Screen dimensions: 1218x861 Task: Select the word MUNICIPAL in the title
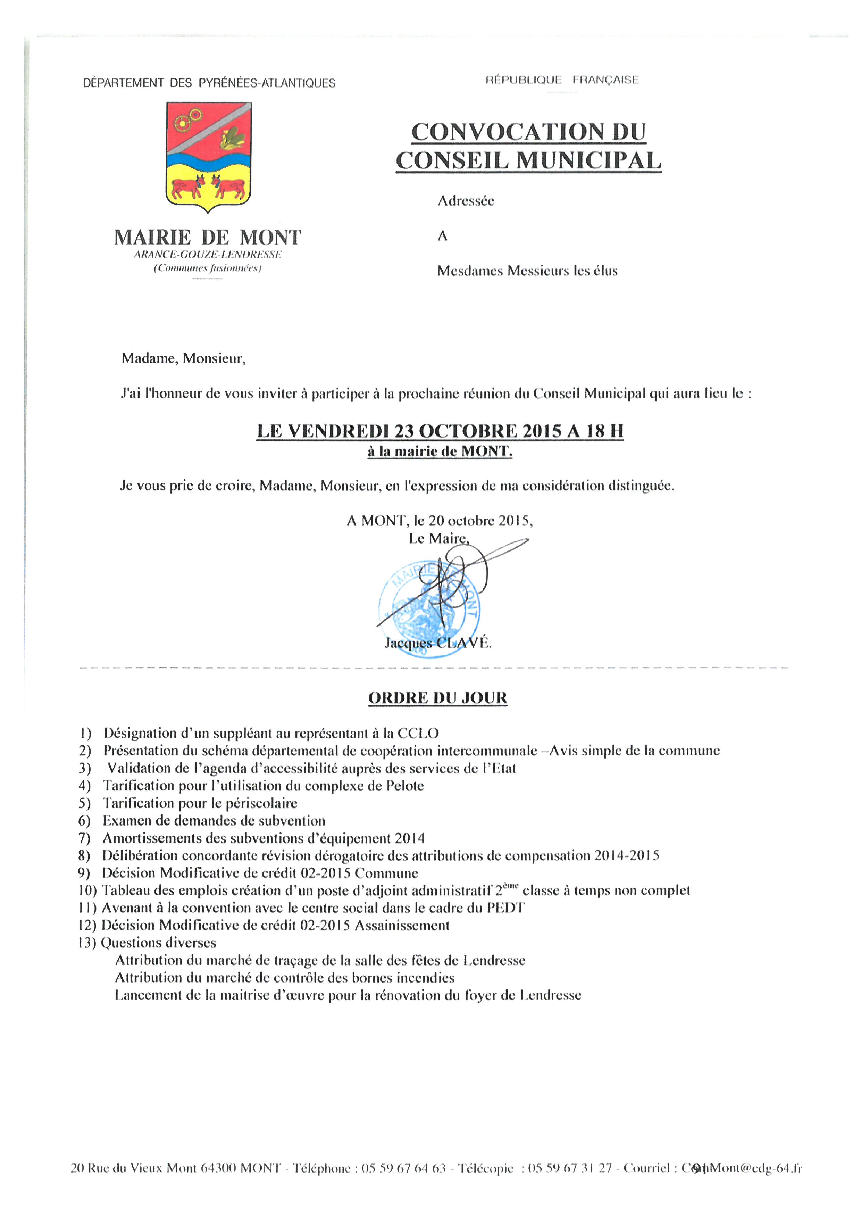[x=588, y=161]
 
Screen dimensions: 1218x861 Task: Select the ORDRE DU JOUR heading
[x=437, y=698]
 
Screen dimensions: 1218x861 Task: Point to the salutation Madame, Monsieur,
[x=183, y=359]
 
